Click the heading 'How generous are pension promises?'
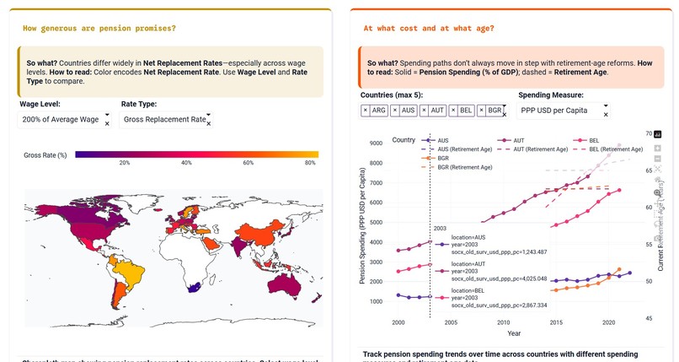99,29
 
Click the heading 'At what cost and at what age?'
429,29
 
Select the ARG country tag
377,111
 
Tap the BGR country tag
493,111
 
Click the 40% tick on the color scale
187,163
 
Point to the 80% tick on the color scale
310,163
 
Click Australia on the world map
287,287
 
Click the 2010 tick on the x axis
503,323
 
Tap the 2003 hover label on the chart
439,229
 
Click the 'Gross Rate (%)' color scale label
45,155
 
